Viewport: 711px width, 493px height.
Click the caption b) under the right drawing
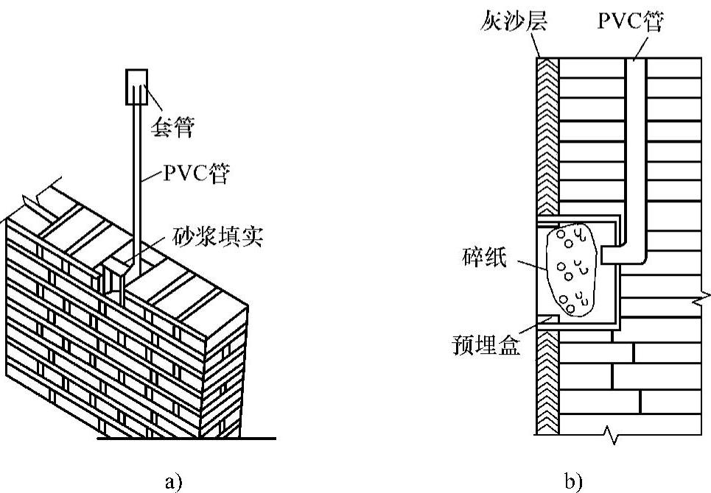tap(573, 482)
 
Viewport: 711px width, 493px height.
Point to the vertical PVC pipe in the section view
tap(636, 147)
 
